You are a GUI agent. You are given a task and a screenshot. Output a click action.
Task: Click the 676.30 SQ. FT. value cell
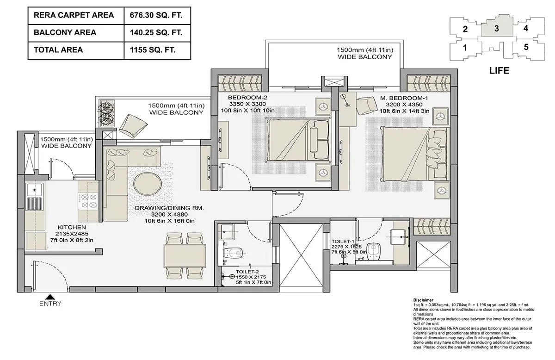(157, 15)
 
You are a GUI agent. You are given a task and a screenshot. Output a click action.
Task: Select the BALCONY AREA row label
(65, 32)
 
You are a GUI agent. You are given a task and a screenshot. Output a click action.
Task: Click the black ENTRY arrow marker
(50, 297)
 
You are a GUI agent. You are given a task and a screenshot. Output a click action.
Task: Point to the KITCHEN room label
(72, 227)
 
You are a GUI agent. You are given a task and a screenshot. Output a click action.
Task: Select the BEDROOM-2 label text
(247, 98)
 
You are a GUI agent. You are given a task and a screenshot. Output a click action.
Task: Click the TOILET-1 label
(343, 241)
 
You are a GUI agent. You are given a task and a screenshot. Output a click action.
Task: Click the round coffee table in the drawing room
(148, 184)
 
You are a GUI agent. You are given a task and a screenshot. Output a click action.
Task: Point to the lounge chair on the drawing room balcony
(129, 123)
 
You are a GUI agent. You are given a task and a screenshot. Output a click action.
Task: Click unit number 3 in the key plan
(496, 28)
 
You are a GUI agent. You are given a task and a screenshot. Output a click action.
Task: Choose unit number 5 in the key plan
(526, 47)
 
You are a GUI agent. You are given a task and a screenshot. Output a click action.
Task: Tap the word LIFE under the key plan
(499, 71)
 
